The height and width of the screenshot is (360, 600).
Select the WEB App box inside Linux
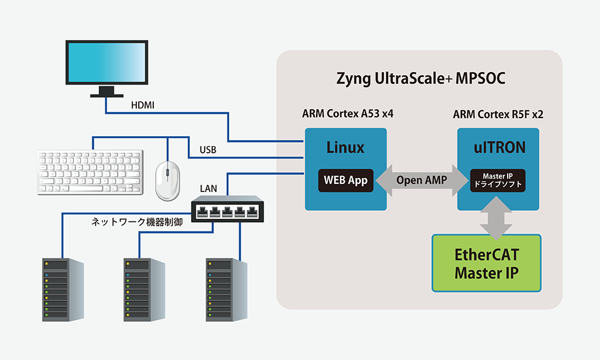[346, 180]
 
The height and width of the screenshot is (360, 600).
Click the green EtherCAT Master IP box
[486, 264]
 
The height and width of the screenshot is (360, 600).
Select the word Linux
[345, 147]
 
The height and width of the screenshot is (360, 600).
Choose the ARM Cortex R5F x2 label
[498, 114]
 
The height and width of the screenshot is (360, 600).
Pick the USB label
[208, 150]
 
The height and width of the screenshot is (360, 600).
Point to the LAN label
[209, 189]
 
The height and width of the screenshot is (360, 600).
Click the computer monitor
[106, 66]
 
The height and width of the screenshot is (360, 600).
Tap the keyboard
[90, 172]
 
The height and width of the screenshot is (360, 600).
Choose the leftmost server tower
[63, 288]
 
